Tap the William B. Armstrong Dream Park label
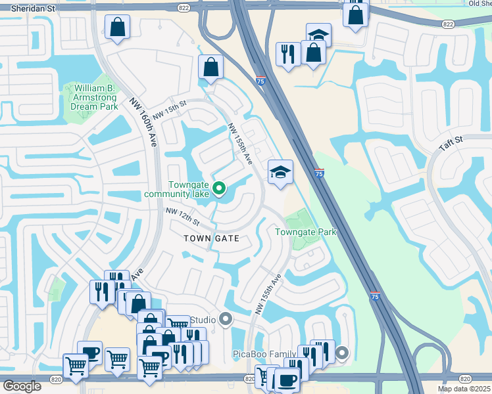pos(91,97)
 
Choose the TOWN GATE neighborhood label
pos(210,238)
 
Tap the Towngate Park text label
pos(305,232)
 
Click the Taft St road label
pos(452,141)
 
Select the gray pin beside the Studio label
pos(226,320)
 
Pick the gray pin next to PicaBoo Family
pos(341,354)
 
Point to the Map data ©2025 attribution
pos(463,389)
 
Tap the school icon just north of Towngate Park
pos(280,172)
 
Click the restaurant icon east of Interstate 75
pos(287,54)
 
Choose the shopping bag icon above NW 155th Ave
pos(210,66)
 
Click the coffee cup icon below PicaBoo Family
pos(287,380)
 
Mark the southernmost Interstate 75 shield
pos(374,297)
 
